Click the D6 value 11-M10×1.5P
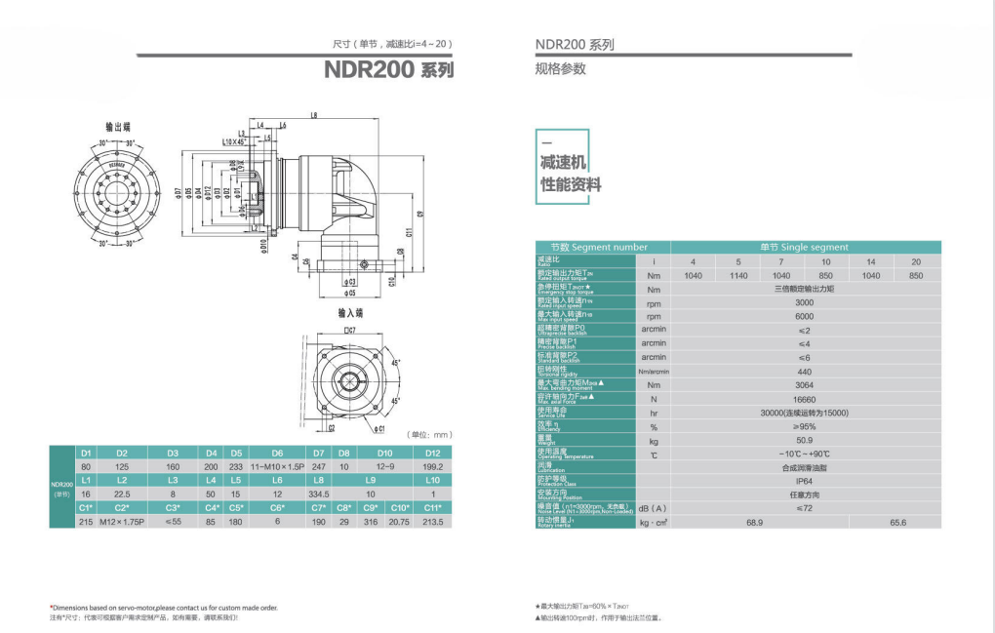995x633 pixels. pyautogui.click(x=278, y=467)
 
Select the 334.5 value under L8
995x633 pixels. pyautogui.click(x=319, y=495)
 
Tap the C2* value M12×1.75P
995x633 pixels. pyautogui.click(x=122, y=522)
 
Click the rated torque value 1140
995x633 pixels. pyautogui.click(x=738, y=275)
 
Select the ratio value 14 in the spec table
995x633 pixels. pyautogui.click(x=871, y=261)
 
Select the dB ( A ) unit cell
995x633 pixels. pyautogui.click(x=653, y=508)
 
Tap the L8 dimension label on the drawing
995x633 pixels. pyautogui.click(x=313, y=116)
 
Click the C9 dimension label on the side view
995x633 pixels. pyautogui.click(x=418, y=212)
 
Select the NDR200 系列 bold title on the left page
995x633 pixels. pyautogui.click(x=389, y=71)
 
